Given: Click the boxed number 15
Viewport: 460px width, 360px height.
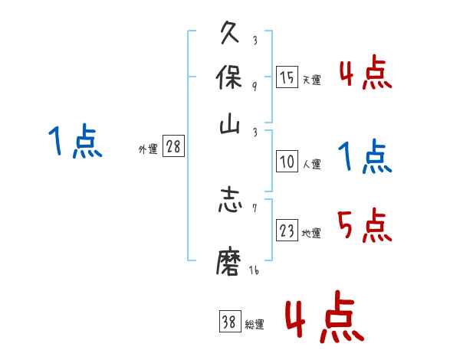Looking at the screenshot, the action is (x=287, y=78).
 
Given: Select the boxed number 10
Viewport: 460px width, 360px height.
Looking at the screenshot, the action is (x=287, y=162).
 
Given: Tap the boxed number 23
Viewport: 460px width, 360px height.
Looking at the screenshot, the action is (x=287, y=231).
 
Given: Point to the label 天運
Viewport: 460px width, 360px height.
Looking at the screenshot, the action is (x=311, y=80).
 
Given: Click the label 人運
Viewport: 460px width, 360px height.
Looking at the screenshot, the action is (x=311, y=163).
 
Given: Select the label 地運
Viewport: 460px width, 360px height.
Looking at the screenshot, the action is (x=311, y=233).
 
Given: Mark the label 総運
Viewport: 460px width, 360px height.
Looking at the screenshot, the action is (x=255, y=324).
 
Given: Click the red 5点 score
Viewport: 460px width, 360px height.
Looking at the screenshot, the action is (x=364, y=226).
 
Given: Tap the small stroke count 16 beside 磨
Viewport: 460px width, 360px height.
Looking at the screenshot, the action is (x=254, y=271).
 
